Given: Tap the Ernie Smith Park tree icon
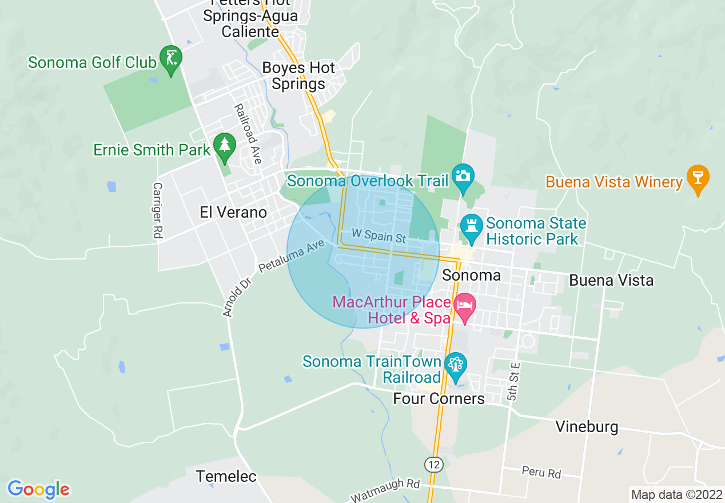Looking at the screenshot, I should coord(224,146).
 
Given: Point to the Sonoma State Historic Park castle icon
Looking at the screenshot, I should coord(471,226).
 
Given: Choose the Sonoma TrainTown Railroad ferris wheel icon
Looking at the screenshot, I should coord(456,365).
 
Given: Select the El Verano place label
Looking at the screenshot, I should coord(233,213).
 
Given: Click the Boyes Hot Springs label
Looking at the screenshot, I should coord(298,76).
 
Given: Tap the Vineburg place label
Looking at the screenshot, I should coord(587,427).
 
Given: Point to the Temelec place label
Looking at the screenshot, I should coord(226,476).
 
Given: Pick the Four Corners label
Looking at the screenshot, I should coord(439,398).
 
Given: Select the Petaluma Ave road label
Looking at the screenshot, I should coord(291,256).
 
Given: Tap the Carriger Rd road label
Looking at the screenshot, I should coord(157,210).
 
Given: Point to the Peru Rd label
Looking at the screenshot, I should coord(541,473).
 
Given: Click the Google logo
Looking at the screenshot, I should coord(38,489).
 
